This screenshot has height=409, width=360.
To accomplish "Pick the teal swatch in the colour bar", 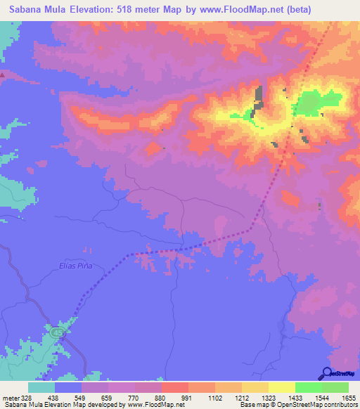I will (41, 387).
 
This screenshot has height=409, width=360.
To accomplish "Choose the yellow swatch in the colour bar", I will (281, 387).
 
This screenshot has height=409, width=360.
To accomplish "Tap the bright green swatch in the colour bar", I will (308, 387).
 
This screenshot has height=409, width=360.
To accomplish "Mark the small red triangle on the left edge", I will (3, 74).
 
